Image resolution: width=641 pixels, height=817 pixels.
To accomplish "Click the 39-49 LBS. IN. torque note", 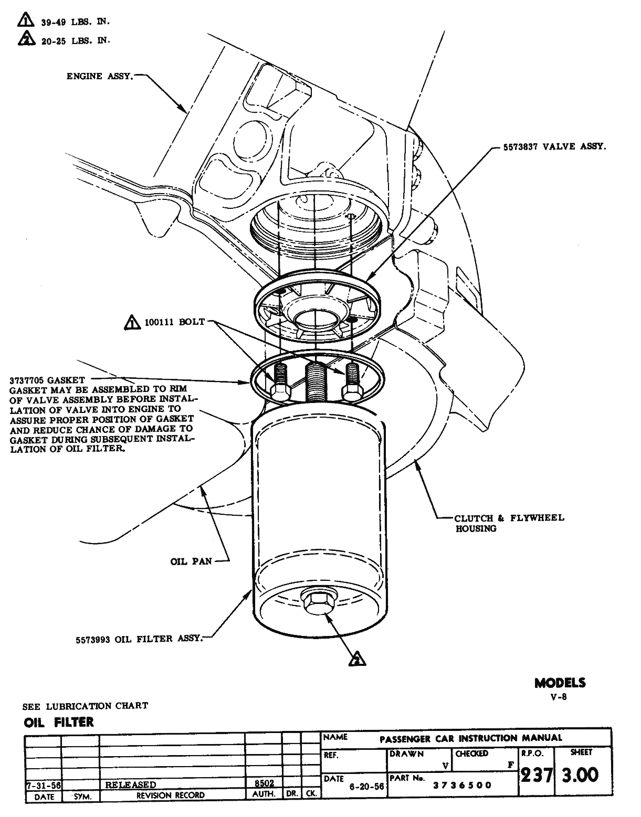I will [75, 22].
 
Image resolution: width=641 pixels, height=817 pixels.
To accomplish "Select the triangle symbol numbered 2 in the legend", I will [24, 38].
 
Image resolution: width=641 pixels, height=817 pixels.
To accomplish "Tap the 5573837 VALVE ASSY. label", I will [554, 147].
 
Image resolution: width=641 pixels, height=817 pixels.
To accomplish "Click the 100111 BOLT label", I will [175, 322].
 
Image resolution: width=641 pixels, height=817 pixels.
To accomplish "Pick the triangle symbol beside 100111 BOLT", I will [132, 323].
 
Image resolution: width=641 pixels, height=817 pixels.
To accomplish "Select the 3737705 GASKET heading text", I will [47, 380].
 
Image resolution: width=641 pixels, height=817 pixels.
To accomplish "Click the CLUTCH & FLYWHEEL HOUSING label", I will [509, 523].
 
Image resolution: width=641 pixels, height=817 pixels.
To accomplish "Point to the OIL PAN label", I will [191, 561].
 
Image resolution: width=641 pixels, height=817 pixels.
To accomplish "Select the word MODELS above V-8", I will [560, 683].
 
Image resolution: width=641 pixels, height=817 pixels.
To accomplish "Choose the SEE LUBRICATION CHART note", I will [85, 706].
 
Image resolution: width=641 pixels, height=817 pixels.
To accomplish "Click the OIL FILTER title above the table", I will [59, 722].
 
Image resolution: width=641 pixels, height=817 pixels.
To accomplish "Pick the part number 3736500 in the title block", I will [462, 785].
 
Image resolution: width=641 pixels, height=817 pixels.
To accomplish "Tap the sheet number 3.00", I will [580, 776].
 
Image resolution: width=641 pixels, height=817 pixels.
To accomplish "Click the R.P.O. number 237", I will [536, 776].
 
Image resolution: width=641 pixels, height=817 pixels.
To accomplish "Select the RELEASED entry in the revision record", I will [131, 784].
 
